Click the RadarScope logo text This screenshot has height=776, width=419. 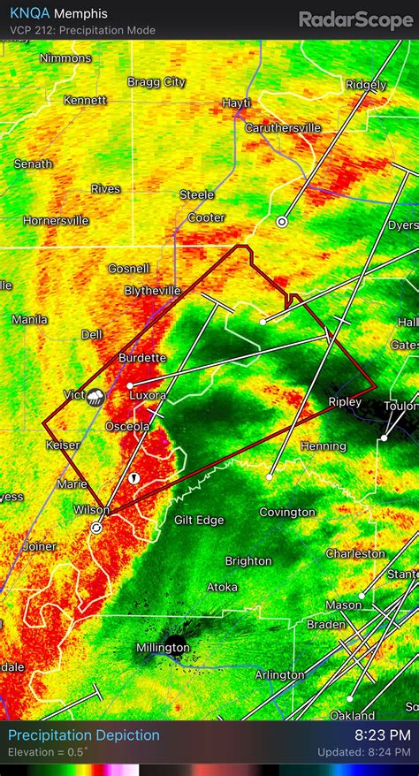click(354, 19)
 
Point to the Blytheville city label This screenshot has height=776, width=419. click(152, 290)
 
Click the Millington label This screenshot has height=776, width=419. click(163, 648)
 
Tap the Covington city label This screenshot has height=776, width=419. click(287, 512)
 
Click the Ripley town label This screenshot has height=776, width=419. click(345, 401)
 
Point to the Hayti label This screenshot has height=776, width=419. click(236, 103)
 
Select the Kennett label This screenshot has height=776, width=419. click(85, 100)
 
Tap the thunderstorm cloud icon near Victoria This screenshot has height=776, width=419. click(95, 398)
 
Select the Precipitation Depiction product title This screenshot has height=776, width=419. click(84, 735)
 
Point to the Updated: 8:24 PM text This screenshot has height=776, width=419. click(364, 752)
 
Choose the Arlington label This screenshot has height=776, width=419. click(278, 675)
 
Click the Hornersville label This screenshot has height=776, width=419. click(56, 220)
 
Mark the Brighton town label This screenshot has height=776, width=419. click(248, 560)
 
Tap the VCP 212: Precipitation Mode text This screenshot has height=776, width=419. click(83, 30)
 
